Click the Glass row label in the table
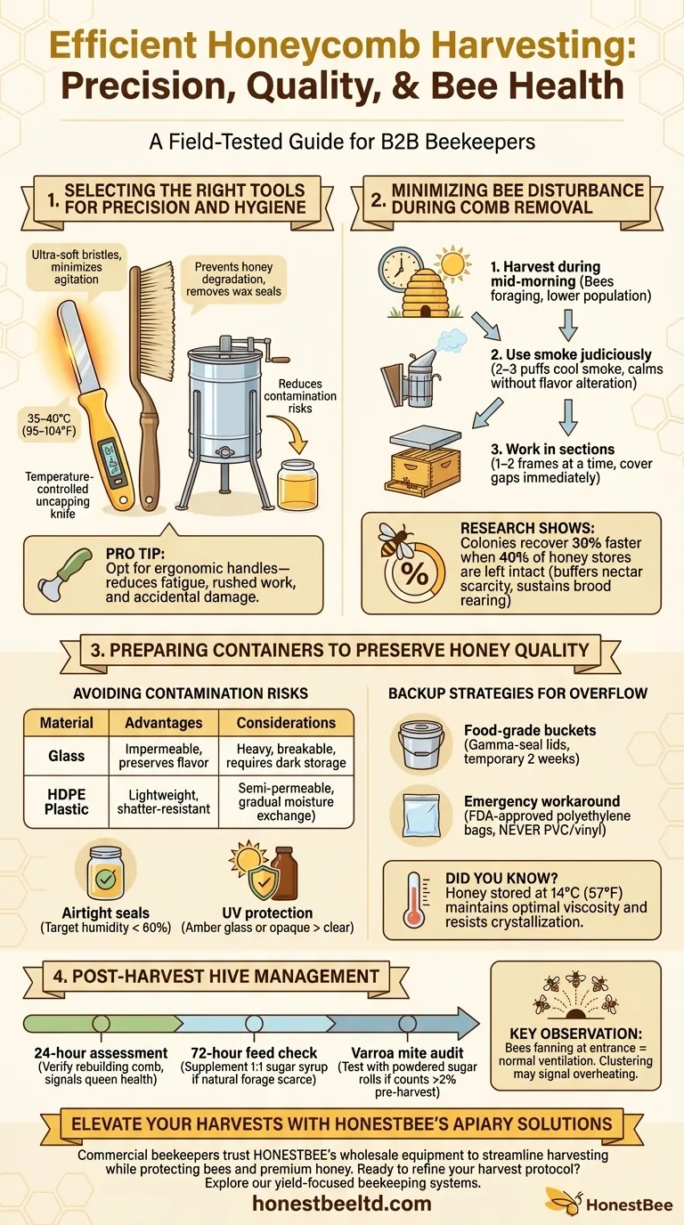click(x=67, y=756)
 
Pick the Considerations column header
click(x=286, y=723)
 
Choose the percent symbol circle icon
click(x=415, y=575)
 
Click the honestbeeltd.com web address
click(x=342, y=1204)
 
